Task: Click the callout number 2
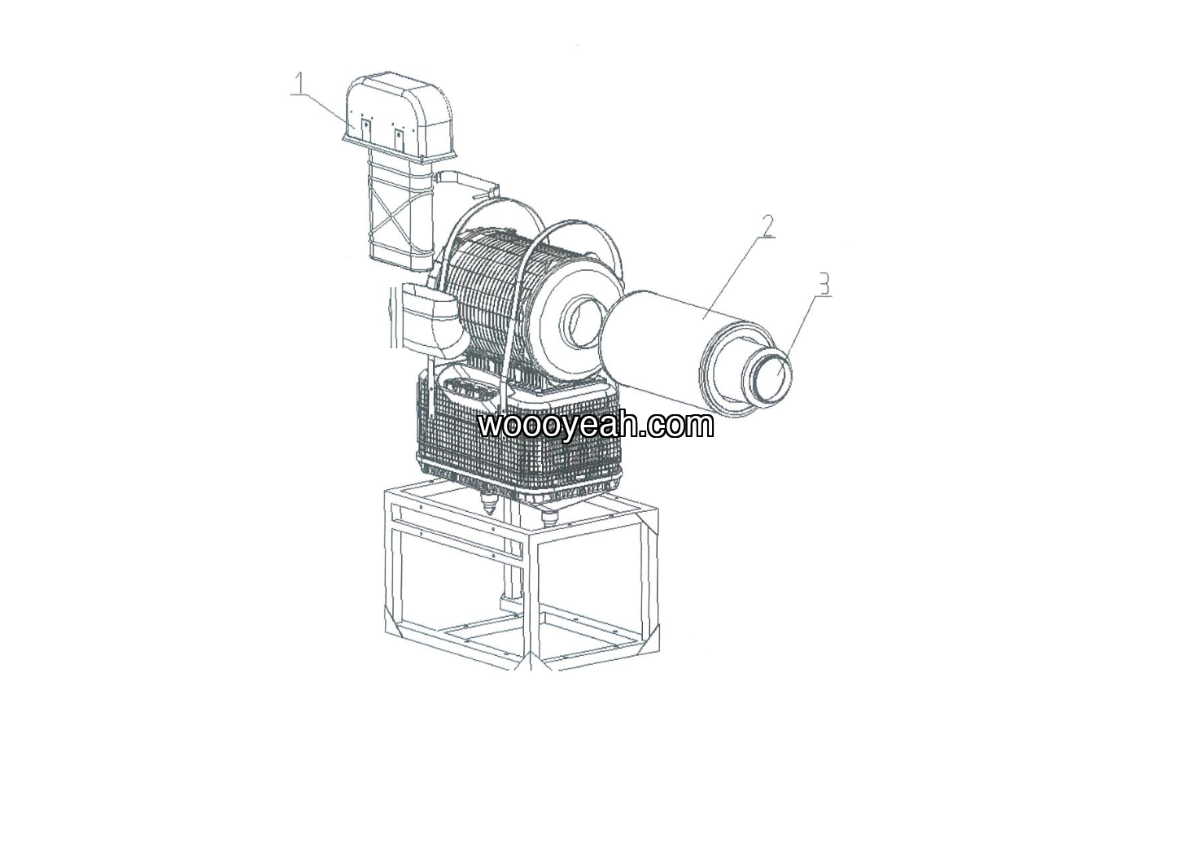[x=768, y=226]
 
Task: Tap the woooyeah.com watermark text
[x=596, y=425]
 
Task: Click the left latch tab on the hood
[x=366, y=129]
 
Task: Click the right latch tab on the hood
[x=400, y=138]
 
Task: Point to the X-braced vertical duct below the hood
[x=400, y=213]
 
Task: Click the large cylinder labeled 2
[x=687, y=352]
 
